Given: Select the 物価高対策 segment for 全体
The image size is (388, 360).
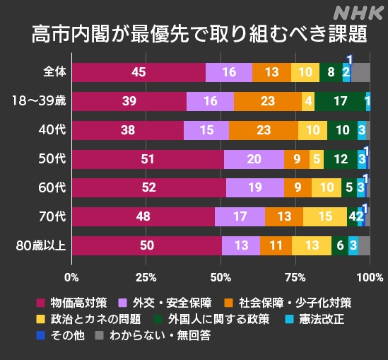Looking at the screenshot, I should click(139, 72).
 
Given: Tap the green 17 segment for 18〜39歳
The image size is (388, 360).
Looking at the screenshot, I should click(340, 101).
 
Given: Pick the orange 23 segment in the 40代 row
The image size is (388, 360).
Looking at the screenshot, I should click(263, 130).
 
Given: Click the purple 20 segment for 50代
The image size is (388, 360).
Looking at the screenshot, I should click(254, 159).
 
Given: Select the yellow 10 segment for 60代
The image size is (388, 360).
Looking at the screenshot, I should click(326, 188).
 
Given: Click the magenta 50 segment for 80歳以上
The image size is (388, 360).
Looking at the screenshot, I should click(146, 245).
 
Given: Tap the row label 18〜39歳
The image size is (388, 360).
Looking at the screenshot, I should click(38, 101).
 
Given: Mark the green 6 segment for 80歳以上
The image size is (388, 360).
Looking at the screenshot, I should click(340, 245).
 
